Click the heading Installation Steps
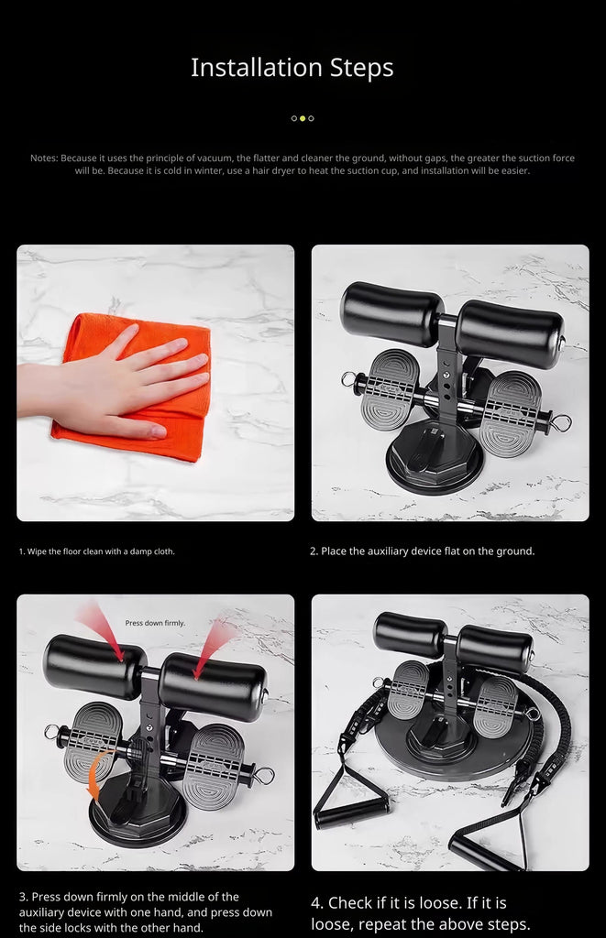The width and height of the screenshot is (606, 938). [x=292, y=68]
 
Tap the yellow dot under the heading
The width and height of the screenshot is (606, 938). [x=303, y=118]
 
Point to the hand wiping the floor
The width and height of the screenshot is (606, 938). [x=114, y=383]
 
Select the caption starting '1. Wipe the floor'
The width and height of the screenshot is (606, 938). [x=96, y=551]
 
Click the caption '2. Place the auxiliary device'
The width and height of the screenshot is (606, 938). [x=422, y=551]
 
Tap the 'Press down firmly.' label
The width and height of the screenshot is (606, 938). [x=155, y=623]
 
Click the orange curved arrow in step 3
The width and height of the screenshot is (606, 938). [x=96, y=771]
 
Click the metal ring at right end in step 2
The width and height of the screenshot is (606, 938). [x=562, y=423]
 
